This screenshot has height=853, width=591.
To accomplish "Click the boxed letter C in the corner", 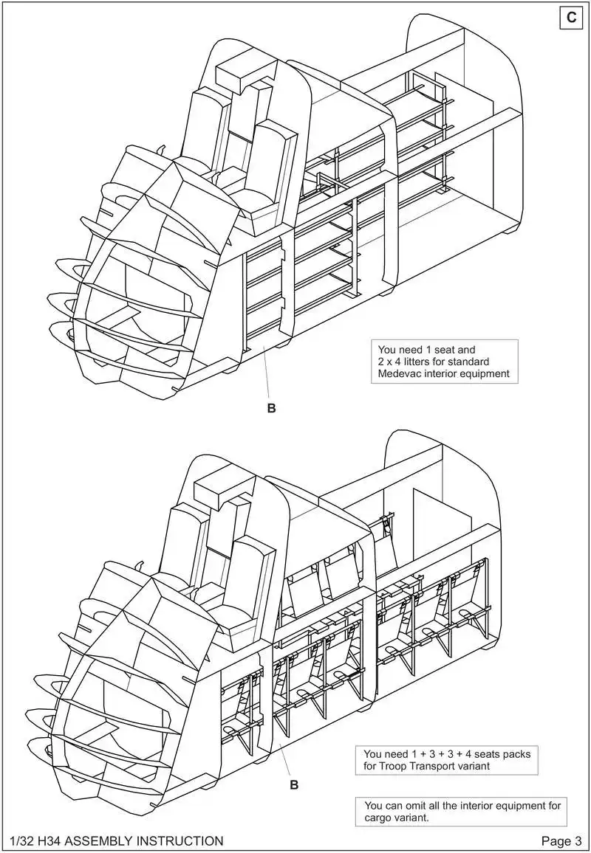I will (572, 18).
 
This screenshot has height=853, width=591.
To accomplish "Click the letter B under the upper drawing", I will (271, 408).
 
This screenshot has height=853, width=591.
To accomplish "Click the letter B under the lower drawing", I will (293, 784).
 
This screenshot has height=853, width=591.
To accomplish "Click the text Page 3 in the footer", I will (561, 841).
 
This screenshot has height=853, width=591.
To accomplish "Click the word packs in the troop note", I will (516, 754).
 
